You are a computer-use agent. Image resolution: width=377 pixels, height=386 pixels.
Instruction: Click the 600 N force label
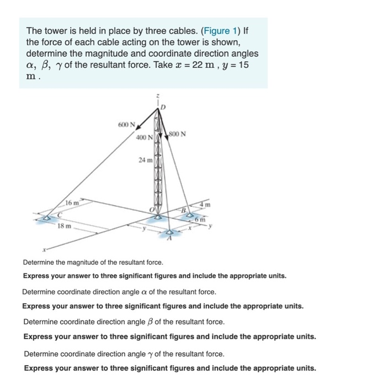(x=126, y=125)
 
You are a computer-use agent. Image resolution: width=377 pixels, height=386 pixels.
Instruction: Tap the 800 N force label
(x=178, y=133)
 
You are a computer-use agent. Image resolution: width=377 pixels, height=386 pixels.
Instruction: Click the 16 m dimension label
(x=72, y=203)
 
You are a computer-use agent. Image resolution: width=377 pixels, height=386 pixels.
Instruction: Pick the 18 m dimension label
(x=65, y=226)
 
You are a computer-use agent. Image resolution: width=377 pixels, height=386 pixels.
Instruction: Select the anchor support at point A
(x=169, y=233)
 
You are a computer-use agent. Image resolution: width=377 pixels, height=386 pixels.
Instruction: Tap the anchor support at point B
(x=190, y=215)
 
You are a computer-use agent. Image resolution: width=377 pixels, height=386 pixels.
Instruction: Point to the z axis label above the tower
(x=159, y=96)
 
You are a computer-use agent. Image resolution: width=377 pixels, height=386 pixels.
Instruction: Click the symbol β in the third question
(x=150, y=321)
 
